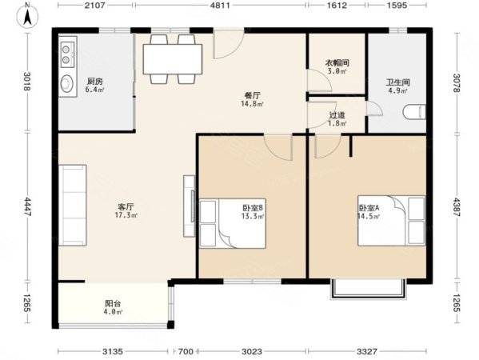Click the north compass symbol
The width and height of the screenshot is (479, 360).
(x=27, y=17)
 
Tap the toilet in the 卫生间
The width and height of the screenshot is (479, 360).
(x=414, y=112)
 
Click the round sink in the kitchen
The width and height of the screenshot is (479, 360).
(x=66, y=83)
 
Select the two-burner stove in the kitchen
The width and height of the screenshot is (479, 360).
(x=66, y=54)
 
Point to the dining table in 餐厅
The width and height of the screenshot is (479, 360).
(x=173, y=59)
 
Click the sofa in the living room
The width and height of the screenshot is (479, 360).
(x=73, y=205)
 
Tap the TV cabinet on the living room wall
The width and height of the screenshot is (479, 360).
(x=190, y=206)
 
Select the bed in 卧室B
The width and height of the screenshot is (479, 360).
(x=233, y=223)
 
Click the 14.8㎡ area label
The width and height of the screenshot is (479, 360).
(x=253, y=104)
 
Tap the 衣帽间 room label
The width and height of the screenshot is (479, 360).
(x=337, y=63)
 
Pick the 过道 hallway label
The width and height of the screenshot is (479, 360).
(x=337, y=115)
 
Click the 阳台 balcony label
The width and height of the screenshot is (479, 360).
(x=113, y=303)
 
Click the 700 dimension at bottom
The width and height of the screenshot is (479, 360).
(x=186, y=352)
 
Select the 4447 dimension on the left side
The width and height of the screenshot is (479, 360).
(x=27, y=206)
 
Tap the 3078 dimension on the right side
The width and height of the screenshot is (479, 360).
(x=457, y=83)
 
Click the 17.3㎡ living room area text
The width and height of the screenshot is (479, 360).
(x=126, y=215)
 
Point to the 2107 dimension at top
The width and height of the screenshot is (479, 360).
(x=95, y=5)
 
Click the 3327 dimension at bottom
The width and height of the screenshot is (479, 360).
(x=367, y=352)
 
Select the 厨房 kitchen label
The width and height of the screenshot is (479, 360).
(x=95, y=82)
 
